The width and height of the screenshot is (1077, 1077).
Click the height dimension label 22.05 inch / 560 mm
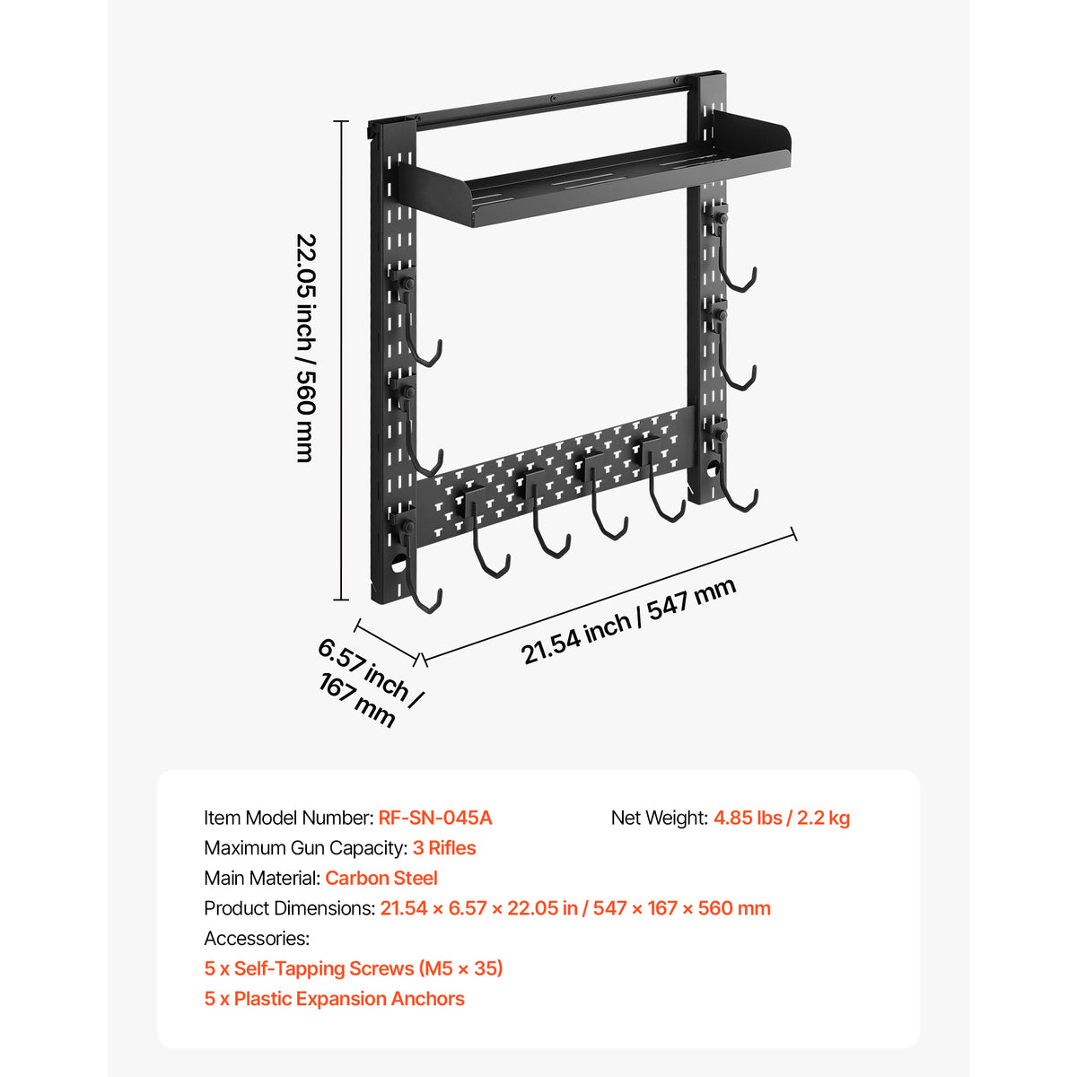pos(306,347)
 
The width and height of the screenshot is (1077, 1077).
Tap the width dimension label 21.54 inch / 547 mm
pos(628,621)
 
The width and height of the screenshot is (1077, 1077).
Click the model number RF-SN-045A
pos(434,819)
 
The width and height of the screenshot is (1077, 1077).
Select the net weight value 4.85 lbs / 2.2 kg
pos(782,819)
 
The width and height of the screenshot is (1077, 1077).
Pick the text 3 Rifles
pos(444,848)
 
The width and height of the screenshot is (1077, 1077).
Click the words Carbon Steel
pos(381,879)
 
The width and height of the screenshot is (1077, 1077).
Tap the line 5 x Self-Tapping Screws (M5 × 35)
pos(354,968)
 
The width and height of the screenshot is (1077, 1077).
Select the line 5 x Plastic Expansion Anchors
pos(334,999)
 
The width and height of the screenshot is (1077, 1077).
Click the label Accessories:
pos(257,939)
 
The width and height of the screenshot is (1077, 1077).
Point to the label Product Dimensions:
pos(290,909)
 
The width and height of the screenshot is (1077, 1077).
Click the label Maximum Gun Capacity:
pos(306,848)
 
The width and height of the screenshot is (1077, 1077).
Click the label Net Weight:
pos(660,819)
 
